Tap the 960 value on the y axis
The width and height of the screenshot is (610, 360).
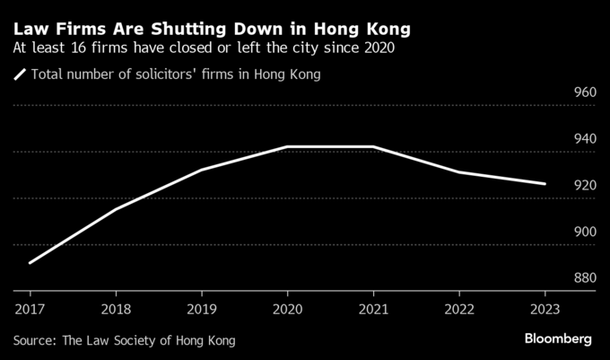[x=584, y=92]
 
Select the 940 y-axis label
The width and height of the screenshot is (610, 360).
[x=584, y=139]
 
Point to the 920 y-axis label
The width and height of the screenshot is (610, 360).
[x=584, y=186]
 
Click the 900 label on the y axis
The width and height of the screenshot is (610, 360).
[x=584, y=233]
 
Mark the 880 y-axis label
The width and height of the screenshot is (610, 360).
[x=584, y=278]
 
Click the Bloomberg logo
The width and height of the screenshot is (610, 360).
[x=558, y=339]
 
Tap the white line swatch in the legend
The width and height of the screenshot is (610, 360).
[x=20, y=75]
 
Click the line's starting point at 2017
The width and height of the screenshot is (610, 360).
[x=30, y=263]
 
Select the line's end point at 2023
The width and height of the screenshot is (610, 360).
[x=545, y=184]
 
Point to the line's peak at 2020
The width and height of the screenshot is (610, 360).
[x=287, y=146]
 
